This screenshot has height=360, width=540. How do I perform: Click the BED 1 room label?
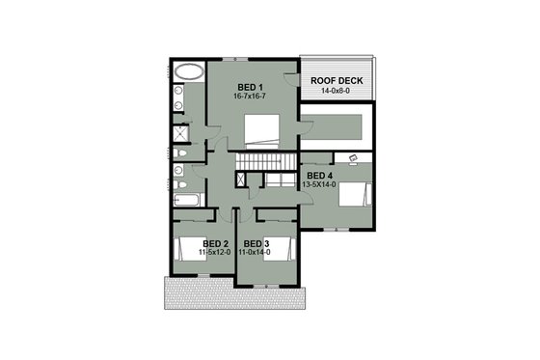pyautogui.click(x=250, y=87)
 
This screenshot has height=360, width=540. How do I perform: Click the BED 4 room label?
pyautogui.click(x=320, y=175)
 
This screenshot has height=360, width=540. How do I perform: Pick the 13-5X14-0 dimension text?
pyautogui.click(x=320, y=184)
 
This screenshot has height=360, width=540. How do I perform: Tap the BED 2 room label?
pyautogui.click(x=216, y=243)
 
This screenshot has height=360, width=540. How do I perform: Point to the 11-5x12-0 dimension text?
pyautogui.click(x=216, y=253)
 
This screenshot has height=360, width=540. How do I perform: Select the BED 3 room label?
pyautogui.click(x=256, y=243)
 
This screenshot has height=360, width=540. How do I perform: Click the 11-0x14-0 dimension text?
pyautogui.click(x=256, y=253)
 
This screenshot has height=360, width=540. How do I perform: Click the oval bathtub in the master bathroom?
pyautogui.click(x=188, y=72)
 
